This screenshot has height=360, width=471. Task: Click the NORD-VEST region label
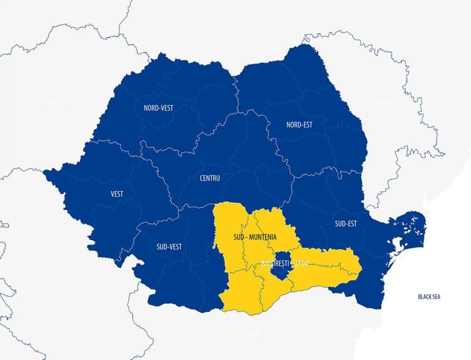tap(158, 108)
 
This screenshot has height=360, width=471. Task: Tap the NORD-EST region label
tap(299, 124)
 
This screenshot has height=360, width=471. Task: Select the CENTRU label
tap(210, 178)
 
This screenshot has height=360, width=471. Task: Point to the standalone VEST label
tap(117, 194)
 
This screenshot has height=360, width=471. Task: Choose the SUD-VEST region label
tap(169, 246)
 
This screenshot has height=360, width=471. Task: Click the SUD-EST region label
tap(346, 224)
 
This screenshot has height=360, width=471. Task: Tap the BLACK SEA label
tap(429, 296)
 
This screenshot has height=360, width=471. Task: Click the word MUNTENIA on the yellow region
tap(262, 237)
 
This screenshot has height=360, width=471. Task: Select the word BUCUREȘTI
tap(273, 262)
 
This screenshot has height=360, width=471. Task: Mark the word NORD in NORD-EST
tap(293, 124)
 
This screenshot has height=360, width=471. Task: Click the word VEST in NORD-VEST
tap(166, 108)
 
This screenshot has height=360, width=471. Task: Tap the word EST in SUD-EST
tap(352, 224)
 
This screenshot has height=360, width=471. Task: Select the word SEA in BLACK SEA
tap(436, 296)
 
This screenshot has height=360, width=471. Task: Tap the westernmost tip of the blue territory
tap(45, 171)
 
